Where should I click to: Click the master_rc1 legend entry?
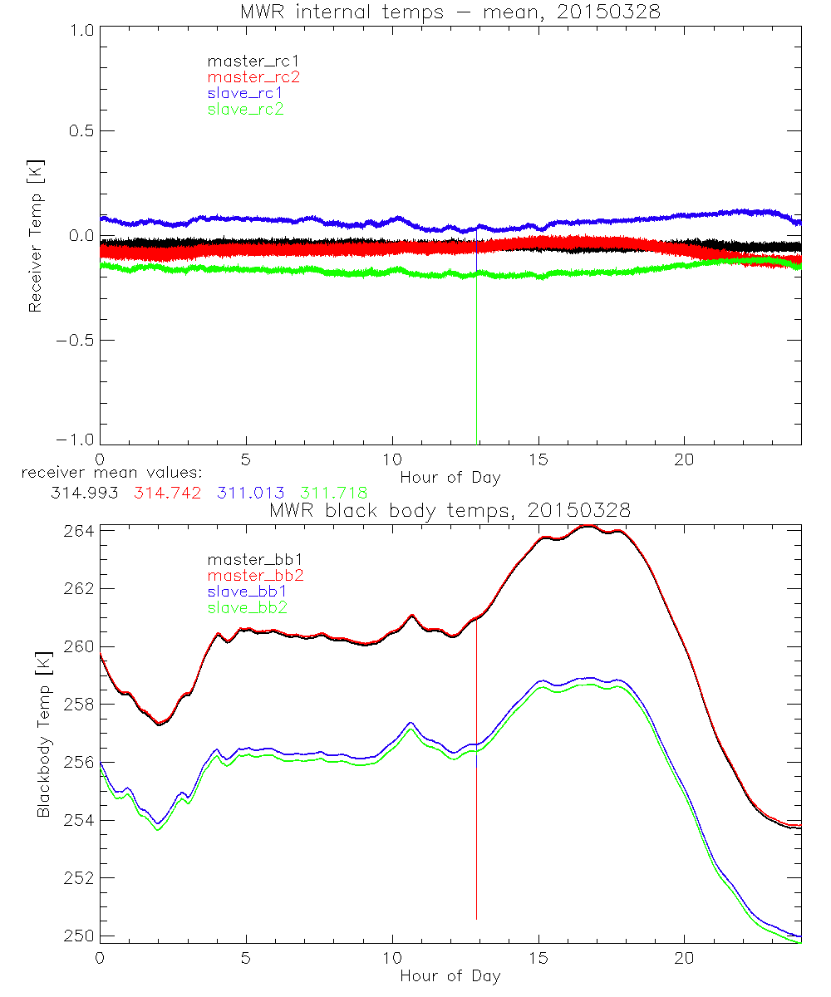pos(245,61)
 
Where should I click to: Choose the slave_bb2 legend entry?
pos(245,608)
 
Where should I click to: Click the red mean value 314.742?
pos(167,493)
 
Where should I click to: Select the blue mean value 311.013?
pos(250,493)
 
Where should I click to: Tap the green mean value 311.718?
pos(333,493)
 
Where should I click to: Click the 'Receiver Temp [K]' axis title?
pos(36,237)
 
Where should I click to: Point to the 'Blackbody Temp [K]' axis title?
pos(44,736)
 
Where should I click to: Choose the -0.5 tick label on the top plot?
pos(76,341)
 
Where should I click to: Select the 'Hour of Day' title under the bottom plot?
pos(450,975)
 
